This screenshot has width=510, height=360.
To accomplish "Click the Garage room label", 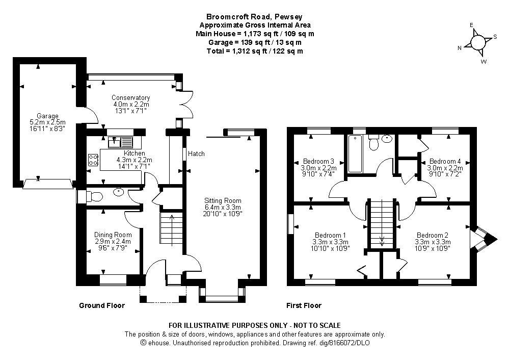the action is [x=47, y=116].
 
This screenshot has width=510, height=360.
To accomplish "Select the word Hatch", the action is [x=196, y=153].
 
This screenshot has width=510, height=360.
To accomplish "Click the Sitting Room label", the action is [x=223, y=200].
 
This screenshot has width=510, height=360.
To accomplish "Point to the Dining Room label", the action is [x=113, y=235].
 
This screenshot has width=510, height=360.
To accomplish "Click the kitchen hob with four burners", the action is [x=93, y=160].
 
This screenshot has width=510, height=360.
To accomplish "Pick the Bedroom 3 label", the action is [x=318, y=161].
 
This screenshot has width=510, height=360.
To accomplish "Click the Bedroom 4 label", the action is [x=446, y=161].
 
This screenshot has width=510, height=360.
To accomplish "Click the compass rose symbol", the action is [x=478, y=42].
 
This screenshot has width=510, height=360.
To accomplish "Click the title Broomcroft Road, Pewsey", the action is [x=255, y=17].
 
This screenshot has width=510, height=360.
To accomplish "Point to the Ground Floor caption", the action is [x=102, y=305].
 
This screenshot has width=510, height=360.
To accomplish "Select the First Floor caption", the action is [x=304, y=305].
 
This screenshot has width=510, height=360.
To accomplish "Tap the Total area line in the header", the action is [x=255, y=51].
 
